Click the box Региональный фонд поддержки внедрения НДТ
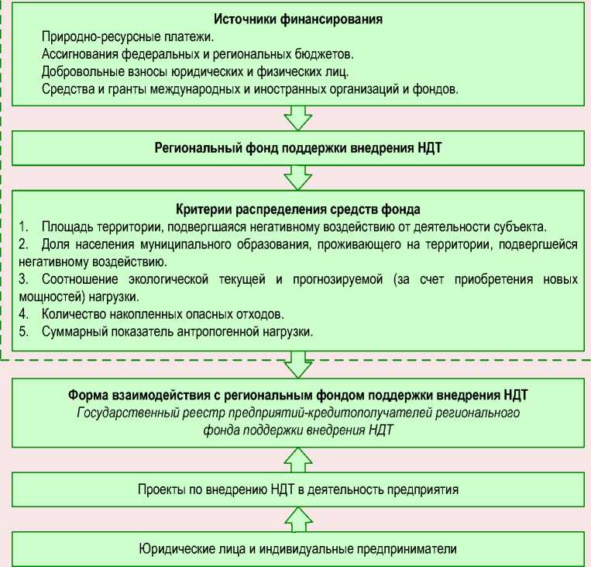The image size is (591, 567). (298, 147)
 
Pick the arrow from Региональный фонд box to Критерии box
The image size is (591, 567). (298, 176)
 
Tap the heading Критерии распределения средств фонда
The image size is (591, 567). (298, 209)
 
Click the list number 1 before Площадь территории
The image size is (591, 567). (23, 226)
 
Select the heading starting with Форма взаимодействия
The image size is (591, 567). (298, 395)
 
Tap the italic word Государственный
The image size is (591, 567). (124, 412)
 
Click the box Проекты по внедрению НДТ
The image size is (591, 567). (298, 489)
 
